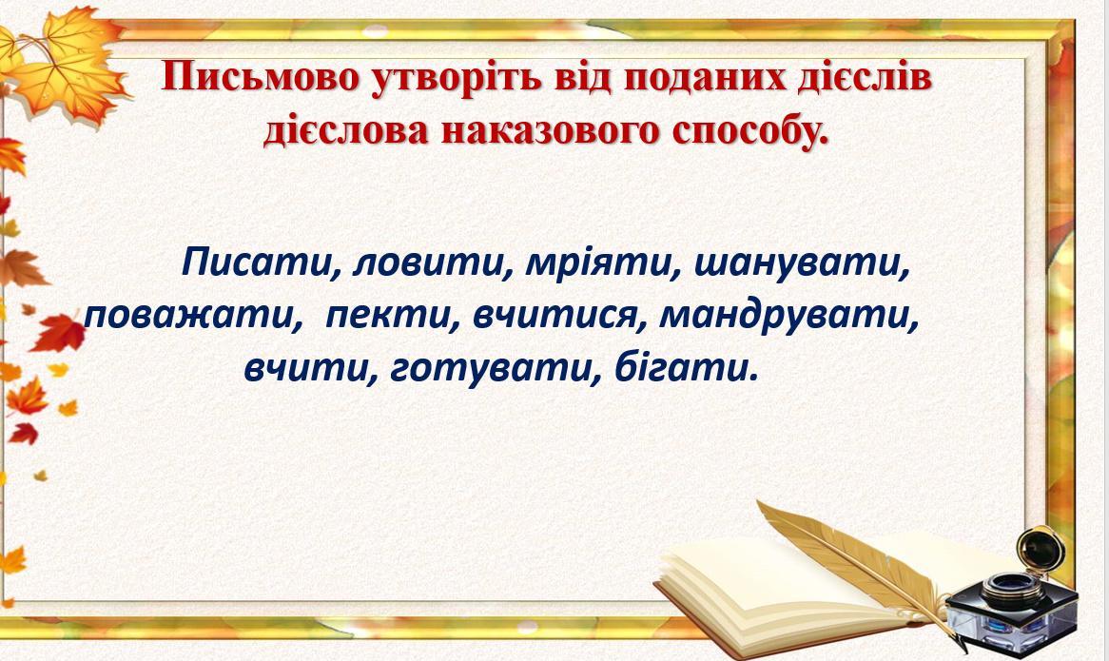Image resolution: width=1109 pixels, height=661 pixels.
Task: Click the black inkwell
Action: click(x=1011, y=593)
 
